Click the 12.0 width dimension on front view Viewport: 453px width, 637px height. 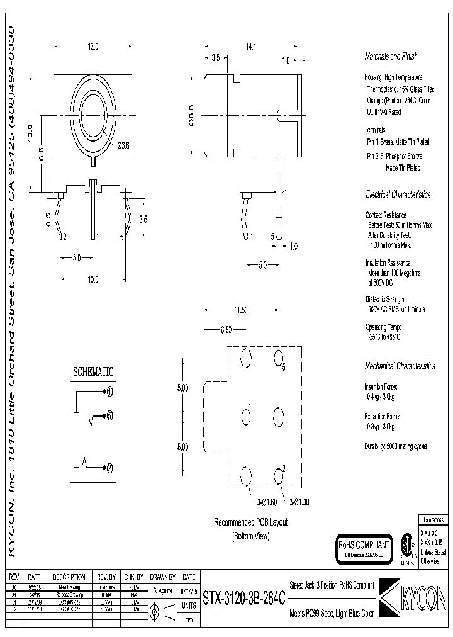[93, 47]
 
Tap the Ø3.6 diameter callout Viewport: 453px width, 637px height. [123, 145]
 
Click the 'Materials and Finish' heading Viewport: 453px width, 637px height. [391, 57]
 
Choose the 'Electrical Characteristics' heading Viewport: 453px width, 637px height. [398, 194]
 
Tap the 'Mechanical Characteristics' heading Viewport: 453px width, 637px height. [400, 366]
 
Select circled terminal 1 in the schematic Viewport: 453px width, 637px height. [109, 392]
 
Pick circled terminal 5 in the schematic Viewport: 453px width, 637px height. [109, 416]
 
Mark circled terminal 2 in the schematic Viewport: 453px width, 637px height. [109, 468]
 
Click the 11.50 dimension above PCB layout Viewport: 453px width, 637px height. [241, 310]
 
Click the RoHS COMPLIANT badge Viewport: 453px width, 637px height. [364, 545]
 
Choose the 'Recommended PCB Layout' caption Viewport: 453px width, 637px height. [250, 523]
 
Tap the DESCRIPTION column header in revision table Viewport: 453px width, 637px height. [69, 577]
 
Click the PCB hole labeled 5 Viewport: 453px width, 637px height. [277, 359]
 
